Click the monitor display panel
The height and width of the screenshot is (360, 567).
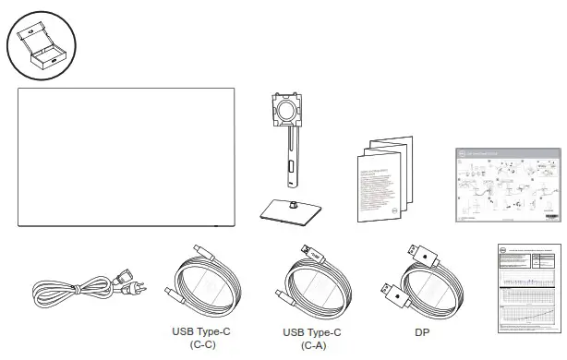[127, 157]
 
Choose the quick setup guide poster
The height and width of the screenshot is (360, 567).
[508, 185]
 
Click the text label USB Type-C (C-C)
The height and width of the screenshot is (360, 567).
[202, 339]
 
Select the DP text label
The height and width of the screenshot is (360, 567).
[420, 332]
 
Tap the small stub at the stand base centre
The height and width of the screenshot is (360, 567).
[289, 205]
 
